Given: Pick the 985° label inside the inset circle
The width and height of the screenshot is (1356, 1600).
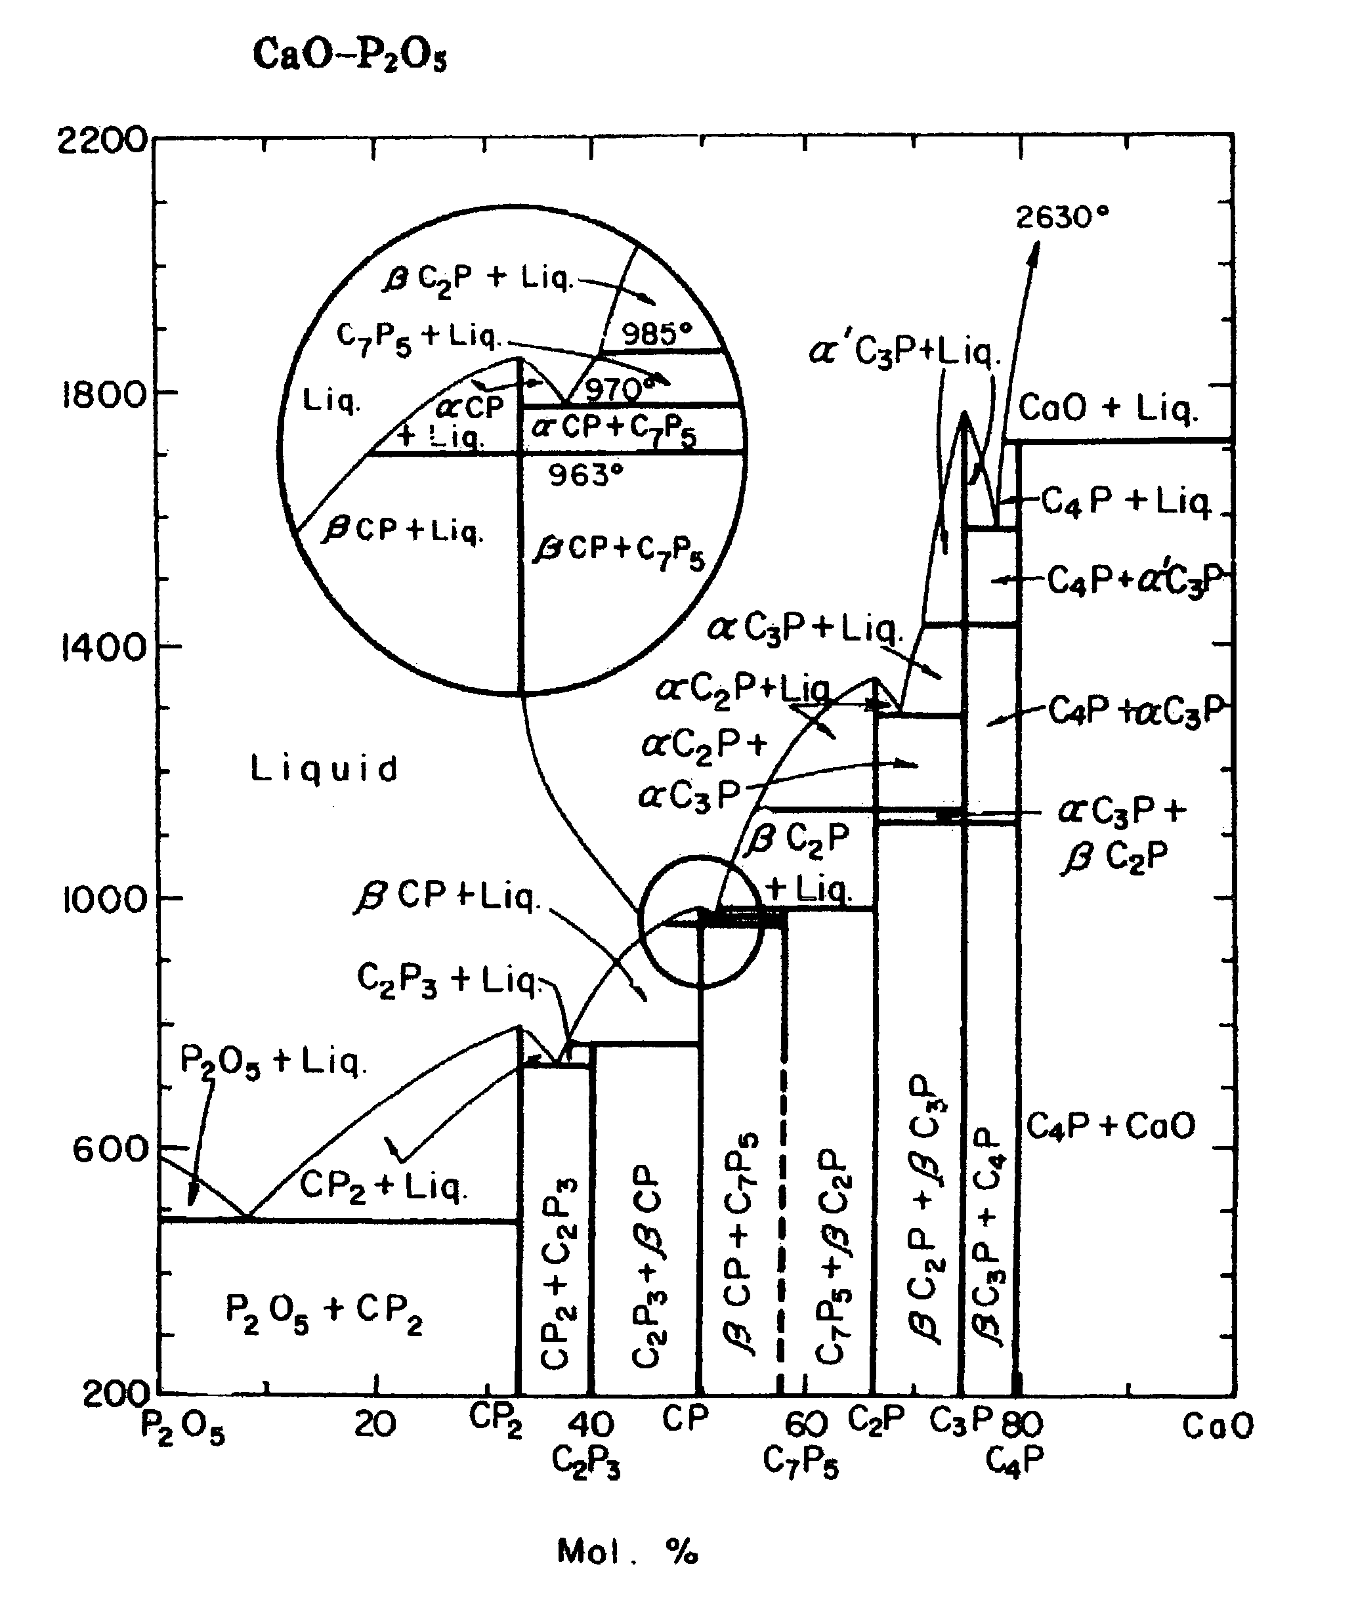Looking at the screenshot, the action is click(x=656, y=333).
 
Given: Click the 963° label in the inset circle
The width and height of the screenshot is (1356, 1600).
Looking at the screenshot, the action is click(x=585, y=476).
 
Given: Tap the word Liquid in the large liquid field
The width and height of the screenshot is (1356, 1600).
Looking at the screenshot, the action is click(x=324, y=769).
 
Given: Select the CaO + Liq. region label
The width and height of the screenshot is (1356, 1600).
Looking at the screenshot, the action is click(x=1108, y=408).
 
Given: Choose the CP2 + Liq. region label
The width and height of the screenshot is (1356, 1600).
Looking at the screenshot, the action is click(x=382, y=1186).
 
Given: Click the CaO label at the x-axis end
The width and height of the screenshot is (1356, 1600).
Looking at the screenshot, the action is click(x=1218, y=1426).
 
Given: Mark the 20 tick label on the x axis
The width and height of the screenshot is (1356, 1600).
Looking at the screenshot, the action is click(x=375, y=1425).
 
